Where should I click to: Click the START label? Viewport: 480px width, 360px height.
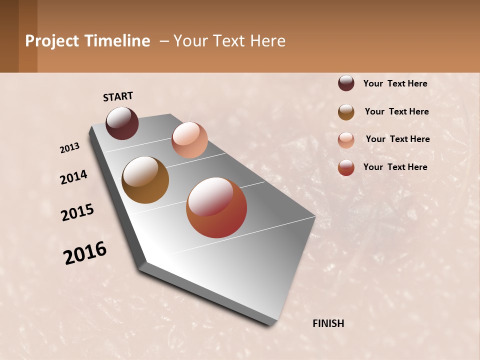[x=118, y=96]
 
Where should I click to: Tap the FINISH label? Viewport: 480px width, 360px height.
[x=328, y=323]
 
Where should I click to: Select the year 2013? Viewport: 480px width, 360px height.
[x=70, y=148]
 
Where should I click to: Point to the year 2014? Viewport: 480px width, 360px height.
[x=73, y=177]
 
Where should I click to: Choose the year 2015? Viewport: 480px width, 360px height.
[x=77, y=212]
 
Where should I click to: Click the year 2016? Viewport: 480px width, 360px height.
[x=85, y=253]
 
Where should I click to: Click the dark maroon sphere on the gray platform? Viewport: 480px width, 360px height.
[x=122, y=123]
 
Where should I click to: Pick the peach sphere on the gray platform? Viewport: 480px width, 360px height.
[x=189, y=140]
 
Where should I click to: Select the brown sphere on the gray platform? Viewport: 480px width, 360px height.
[x=145, y=180]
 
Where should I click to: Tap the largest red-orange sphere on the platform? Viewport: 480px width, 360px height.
[x=216, y=207]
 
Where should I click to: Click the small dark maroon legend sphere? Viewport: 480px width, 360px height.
[x=346, y=83]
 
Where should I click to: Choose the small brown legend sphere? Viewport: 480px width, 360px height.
[x=346, y=112]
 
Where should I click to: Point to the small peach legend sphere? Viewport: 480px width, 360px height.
[x=346, y=140]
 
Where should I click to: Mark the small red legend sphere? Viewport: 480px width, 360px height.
[x=346, y=167]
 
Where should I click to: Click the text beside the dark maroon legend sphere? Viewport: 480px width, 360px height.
[x=395, y=83]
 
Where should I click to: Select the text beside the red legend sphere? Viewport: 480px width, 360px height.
[x=395, y=167]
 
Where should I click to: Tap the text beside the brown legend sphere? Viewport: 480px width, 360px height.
[x=396, y=111]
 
